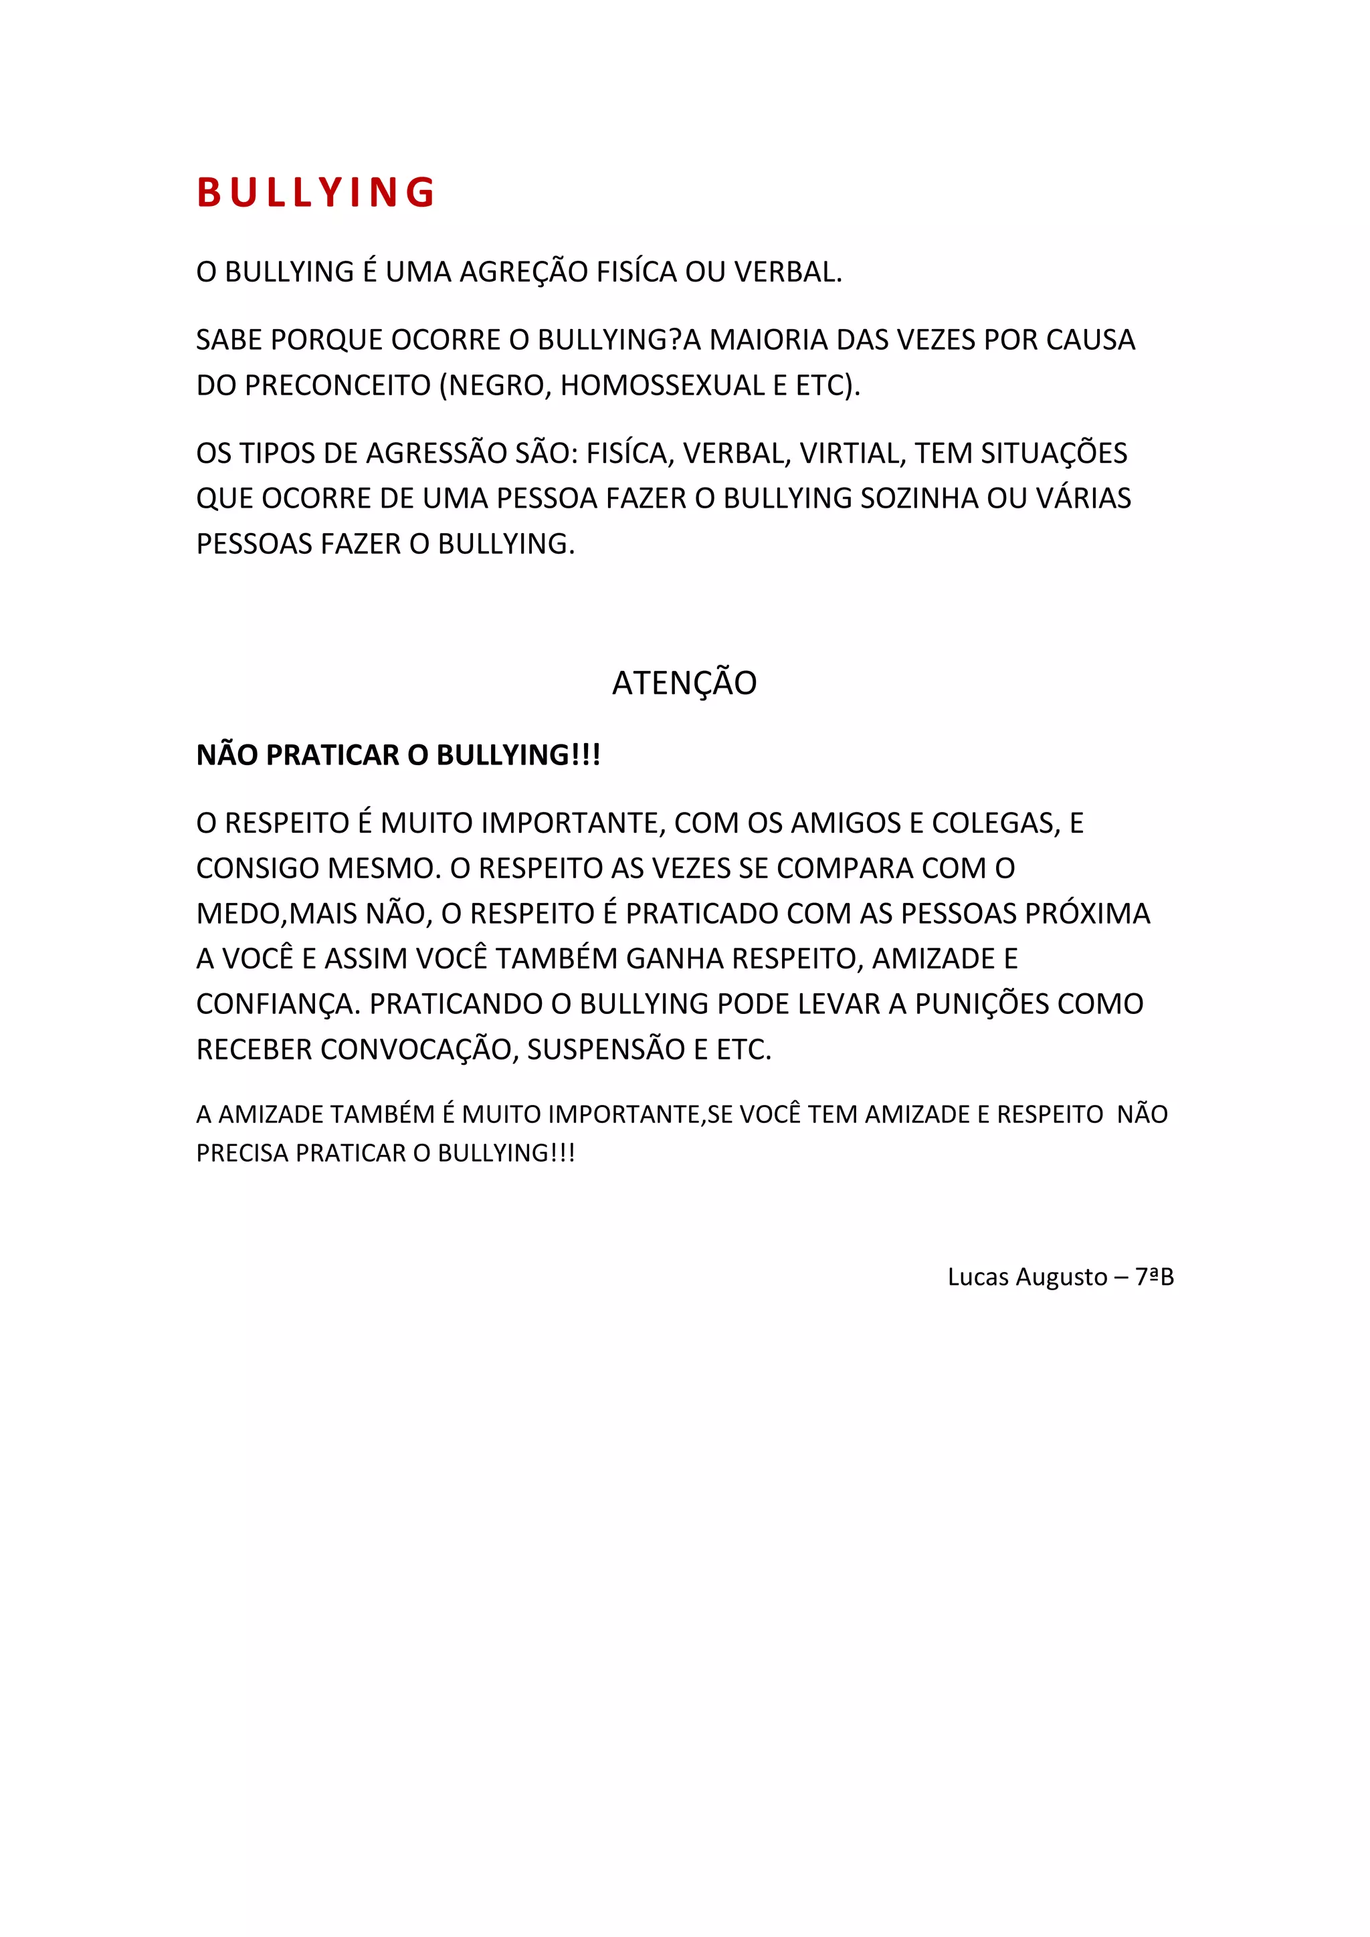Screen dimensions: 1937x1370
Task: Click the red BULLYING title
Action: [316, 193]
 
